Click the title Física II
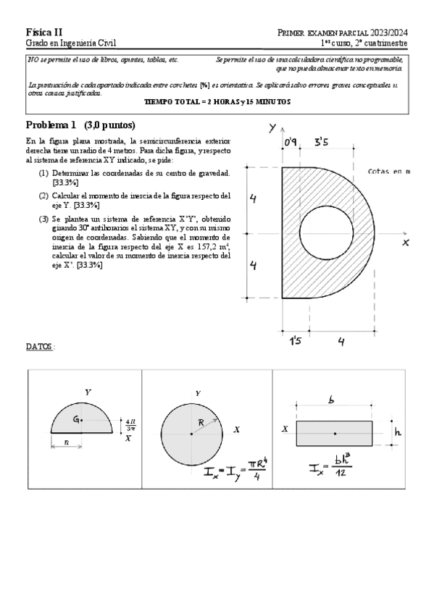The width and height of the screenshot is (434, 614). [44, 33]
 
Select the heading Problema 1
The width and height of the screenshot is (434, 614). [51, 125]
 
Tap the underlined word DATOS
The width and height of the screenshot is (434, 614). [39, 347]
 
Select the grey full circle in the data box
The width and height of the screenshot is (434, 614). [191, 433]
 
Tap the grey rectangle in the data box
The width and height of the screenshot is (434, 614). [335, 432]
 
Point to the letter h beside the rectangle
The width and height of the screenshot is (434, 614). [398, 432]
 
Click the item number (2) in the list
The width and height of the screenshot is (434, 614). [44, 195]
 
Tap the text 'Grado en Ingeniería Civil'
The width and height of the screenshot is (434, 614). [70, 44]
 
